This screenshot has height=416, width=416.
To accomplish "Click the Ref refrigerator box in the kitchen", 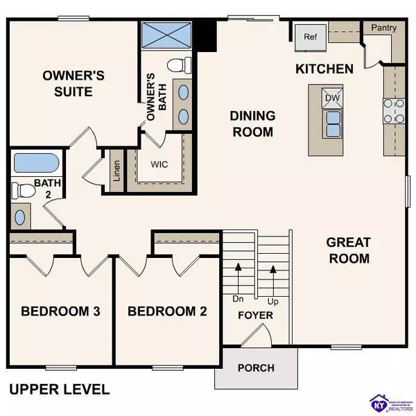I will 309,37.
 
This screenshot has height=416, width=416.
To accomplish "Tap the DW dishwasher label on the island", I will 332,98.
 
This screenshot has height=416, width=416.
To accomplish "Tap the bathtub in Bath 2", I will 35,164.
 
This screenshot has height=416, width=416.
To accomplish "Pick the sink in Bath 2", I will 19,216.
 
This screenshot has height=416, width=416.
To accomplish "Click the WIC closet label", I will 160,166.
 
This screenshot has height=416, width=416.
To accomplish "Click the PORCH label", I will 255,367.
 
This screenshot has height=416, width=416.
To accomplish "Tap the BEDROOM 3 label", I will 60,311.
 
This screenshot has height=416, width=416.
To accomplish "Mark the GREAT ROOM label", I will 348,250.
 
